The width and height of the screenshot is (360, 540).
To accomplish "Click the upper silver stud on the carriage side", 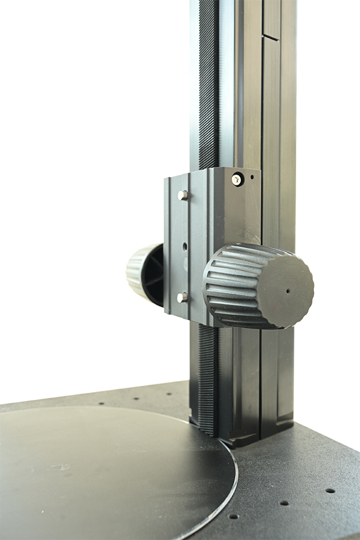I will coord(182,195).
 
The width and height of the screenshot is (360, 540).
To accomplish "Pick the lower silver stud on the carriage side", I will coord(182,297).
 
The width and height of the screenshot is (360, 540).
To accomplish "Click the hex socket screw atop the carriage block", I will coord(237,179).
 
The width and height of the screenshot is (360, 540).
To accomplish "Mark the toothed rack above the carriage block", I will coord(208,83).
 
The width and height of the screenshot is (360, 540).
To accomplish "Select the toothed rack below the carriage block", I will coord(208,377).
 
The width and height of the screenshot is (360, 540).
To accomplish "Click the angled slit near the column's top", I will coord(270,37).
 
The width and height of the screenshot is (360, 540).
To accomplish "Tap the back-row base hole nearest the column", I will coord(168,394).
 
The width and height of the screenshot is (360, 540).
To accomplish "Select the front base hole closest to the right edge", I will coord(330,491).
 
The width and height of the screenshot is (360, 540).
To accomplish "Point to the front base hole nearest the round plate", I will coord(233,516).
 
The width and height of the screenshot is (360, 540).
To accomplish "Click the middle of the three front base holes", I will coord(284,503).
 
